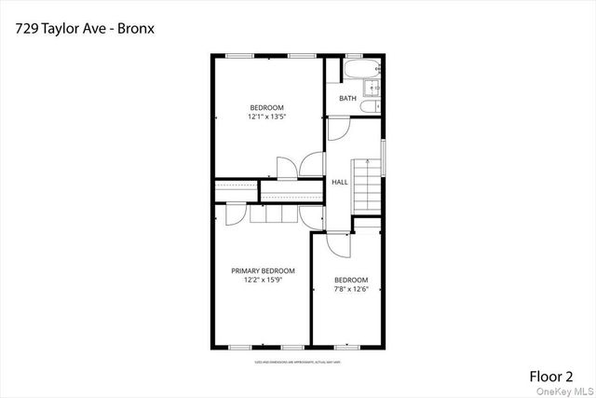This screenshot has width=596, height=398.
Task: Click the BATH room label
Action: tap(347, 99)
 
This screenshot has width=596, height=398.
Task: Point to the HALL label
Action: tap(340, 182)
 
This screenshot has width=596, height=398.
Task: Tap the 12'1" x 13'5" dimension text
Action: tap(265, 117)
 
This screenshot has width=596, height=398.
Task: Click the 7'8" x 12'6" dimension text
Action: tap(351, 288)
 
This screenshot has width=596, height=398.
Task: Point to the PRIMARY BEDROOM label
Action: tap(263, 271)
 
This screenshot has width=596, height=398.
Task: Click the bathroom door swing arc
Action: tap(339, 129)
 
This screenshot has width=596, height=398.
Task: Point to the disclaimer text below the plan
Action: tap(298, 361)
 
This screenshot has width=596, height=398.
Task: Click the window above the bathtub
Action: tap(359, 55)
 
